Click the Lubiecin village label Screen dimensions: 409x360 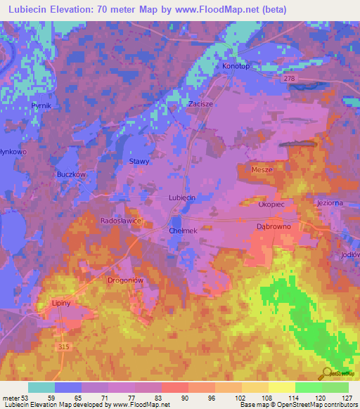click(x=181, y=198)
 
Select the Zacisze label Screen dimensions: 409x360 click(x=200, y=103)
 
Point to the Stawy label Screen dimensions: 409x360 click(x=139, y=162)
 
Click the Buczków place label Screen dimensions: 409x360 click(x=70, y=174)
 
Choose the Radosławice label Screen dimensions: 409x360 click(x=121, y=221)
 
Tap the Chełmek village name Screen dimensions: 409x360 click(x=181, y=230)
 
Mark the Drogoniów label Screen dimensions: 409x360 click(x=125, y=280)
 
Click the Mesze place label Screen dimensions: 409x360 click(x=262, y=170)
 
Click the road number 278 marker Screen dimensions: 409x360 click(x=309, y=79)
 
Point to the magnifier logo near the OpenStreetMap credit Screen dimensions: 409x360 click(x=326, y=373)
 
